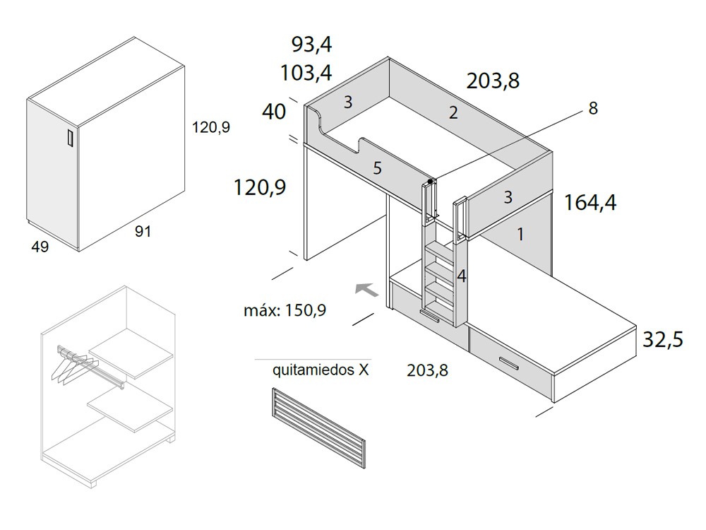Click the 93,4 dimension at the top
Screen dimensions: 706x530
point(311,45)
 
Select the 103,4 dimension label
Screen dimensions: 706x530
point(306,73)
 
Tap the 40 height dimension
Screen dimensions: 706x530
point(274,112)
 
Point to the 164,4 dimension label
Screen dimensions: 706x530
point(590,203)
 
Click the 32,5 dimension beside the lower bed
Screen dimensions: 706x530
point(663,339)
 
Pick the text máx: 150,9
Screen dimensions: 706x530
point(285,310)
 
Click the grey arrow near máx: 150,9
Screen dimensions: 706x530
point(366,289)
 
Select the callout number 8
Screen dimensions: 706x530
point(593,108)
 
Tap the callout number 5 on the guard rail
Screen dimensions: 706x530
point(377,168)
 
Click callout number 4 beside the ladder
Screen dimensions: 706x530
point(462,276)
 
